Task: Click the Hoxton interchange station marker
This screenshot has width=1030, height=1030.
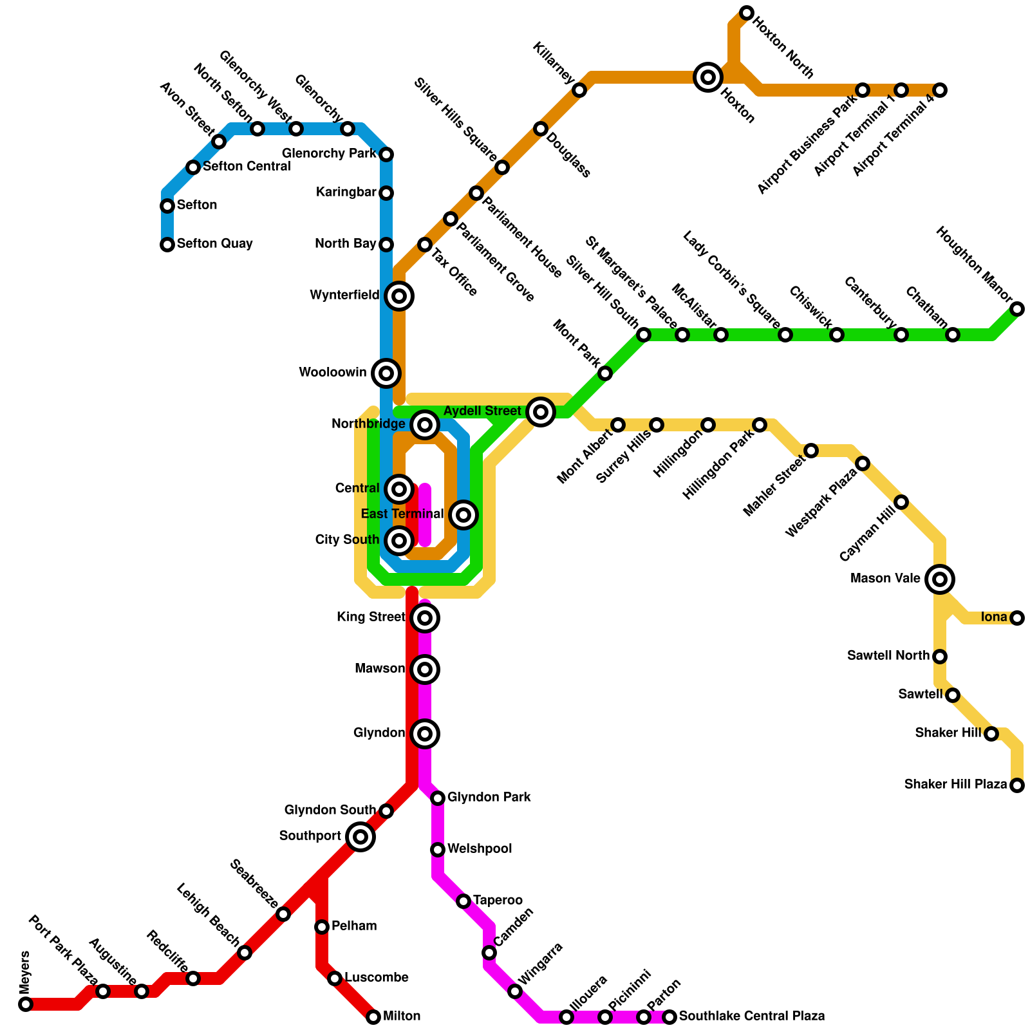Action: point(708,77)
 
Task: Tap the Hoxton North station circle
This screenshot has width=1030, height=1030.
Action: point(747,13)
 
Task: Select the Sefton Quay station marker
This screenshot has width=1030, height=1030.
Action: point(167,245)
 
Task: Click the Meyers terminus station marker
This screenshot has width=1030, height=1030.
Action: point(26,1004)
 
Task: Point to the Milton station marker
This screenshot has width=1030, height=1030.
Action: point(373,1017)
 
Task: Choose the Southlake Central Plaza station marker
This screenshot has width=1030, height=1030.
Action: point(669,1017)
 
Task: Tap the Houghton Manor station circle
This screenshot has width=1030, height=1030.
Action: point(1017,309)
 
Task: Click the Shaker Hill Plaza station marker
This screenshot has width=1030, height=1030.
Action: point(1017,785)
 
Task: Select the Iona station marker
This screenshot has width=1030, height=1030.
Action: point(1017,618)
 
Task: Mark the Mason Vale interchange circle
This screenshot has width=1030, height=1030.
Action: point(940,579)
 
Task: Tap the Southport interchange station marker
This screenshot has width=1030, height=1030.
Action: point(360,837)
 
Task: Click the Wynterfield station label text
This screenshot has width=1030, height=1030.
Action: point(344,295)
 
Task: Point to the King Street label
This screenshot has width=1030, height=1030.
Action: point(371,617)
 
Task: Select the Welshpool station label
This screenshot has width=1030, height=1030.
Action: point(480,849)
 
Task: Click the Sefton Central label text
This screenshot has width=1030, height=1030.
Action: point(247,167)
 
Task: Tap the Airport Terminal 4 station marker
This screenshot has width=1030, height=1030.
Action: point(940,90)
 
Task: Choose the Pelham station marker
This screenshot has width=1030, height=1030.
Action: point(322,927)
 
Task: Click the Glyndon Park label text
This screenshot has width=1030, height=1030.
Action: point(489,798)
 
